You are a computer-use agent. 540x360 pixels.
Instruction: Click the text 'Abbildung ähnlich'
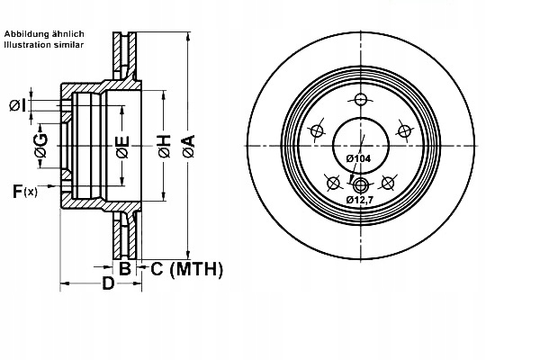coord(44,33)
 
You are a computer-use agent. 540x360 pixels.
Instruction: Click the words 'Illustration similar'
coord(44,44)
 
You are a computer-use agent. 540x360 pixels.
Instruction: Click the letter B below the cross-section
coord(125,267)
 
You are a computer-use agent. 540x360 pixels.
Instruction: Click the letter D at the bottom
coord(107,284)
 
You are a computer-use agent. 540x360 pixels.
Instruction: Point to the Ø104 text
coord(358,158)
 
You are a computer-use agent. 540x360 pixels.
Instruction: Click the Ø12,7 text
coord(360,199)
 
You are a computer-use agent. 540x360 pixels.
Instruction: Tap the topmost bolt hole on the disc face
coord(360,100)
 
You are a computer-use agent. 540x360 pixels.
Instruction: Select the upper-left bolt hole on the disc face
coord(317,131)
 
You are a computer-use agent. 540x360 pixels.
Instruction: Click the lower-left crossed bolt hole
coord(333,183)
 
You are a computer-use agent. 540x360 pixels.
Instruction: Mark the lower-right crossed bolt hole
coord(387,183)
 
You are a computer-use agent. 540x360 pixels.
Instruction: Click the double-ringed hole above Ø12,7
coord(360,186)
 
